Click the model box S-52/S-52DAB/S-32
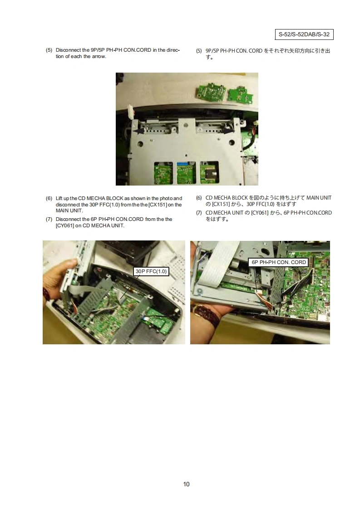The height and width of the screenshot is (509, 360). click(304, 34)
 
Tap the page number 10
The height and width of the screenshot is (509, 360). click(186, 484)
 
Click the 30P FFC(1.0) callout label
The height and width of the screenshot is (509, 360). click(151, 271)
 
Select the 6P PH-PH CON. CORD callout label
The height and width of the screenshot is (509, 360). click(279, 262)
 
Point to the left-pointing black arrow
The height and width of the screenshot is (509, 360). click(139, 131)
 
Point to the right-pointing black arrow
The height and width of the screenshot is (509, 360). click(228, 131)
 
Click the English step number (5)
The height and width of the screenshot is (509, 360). click(49, 50)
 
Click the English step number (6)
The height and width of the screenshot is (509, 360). click(49, 198)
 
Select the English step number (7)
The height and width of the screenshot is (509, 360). click(49, 219)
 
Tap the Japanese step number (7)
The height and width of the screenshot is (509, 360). click(199, 213)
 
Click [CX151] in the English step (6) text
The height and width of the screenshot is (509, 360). click(158, 205)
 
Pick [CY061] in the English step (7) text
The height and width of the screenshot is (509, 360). click(64, 225)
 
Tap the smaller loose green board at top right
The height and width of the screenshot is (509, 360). click(241, 94)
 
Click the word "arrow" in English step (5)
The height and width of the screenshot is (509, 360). click(99, 57)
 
